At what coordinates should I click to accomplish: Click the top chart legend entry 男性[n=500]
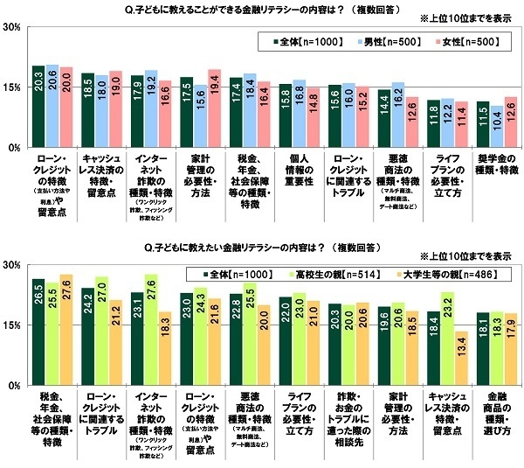click(371, 40)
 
